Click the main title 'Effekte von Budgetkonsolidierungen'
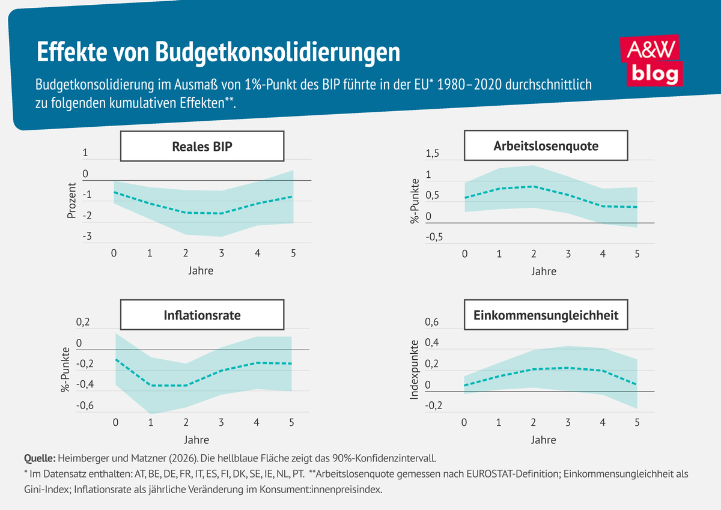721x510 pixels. coord(219,52)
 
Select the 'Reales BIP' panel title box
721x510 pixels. coord(202,146)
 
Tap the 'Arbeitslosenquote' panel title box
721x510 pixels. coord(546,146)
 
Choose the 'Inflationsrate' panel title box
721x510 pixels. coord(202,315)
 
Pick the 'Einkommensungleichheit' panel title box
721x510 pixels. coord(546,315)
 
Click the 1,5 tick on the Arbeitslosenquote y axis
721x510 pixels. coord(433,154)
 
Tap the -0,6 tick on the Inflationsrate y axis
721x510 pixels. coord(85,405)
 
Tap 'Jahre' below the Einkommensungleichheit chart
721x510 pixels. coord(544,440)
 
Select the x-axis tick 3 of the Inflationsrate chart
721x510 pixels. coord(221,422)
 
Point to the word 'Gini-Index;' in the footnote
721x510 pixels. coord(50,489)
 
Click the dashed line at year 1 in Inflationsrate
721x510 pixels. coord(150,385)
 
